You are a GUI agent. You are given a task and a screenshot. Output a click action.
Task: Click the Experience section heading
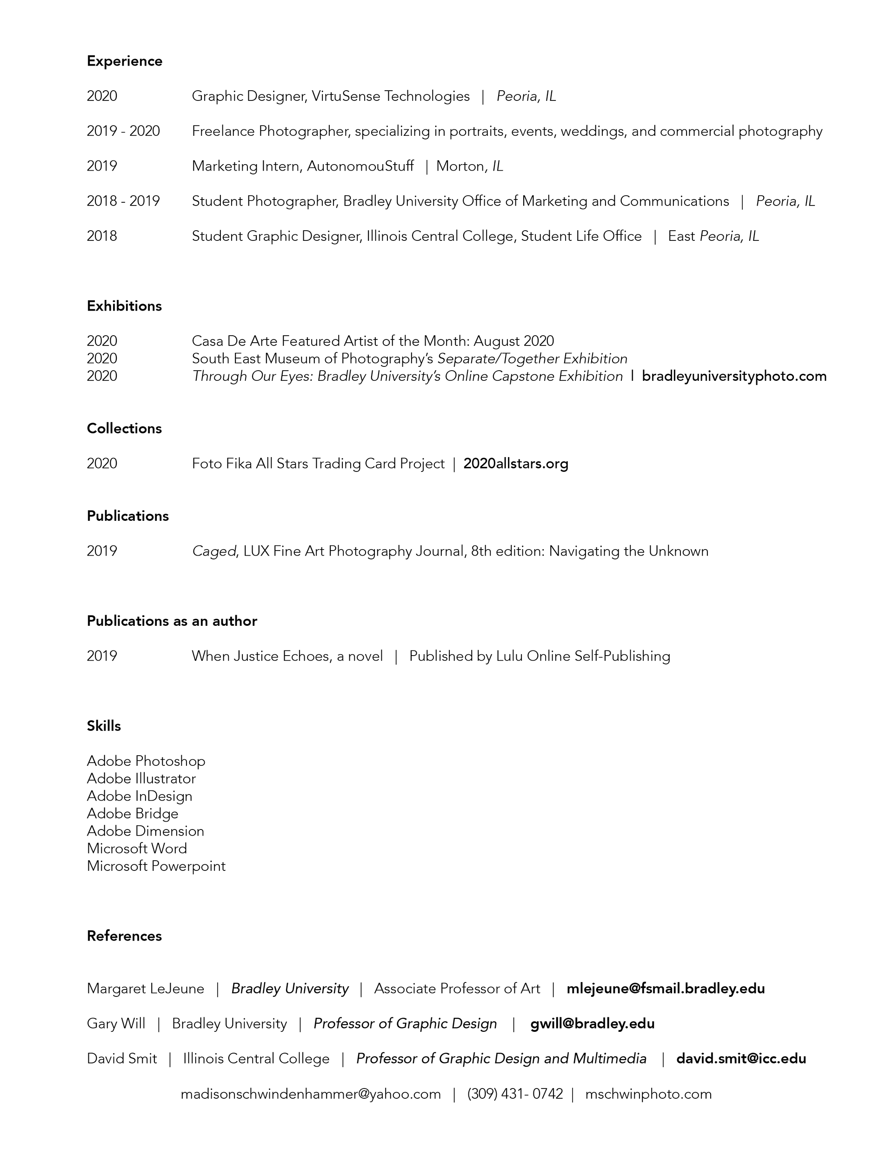point(124,61)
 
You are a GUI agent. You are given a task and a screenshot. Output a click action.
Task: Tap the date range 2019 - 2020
point(123,131)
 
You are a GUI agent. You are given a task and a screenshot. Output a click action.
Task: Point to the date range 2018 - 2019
point(123,201)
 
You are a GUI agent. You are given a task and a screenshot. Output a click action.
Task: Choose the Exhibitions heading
point(124,306)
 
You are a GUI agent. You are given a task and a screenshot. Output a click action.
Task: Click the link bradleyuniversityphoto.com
point(734,376)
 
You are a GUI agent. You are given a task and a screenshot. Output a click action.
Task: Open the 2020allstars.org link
point(516,464)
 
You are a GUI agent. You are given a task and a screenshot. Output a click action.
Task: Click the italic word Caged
point(214,551)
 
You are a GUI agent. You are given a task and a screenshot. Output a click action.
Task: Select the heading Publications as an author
point(172,621)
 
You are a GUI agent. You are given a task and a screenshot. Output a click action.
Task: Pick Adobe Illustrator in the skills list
point(141,778)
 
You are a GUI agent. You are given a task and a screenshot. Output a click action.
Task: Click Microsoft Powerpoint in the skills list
point(156,866)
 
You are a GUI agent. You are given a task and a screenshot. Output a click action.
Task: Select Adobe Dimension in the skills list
point(146,831)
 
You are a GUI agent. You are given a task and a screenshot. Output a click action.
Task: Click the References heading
point(124,936)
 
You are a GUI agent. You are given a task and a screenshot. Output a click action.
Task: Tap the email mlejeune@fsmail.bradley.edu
point(666,989)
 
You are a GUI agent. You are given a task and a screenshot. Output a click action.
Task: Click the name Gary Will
point(116,1023)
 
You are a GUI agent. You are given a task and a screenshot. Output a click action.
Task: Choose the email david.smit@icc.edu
point(741,1058)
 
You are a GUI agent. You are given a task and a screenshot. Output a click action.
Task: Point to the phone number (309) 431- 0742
point(515,1094)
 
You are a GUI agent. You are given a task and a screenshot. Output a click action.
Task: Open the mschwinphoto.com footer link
point(648,1094)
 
